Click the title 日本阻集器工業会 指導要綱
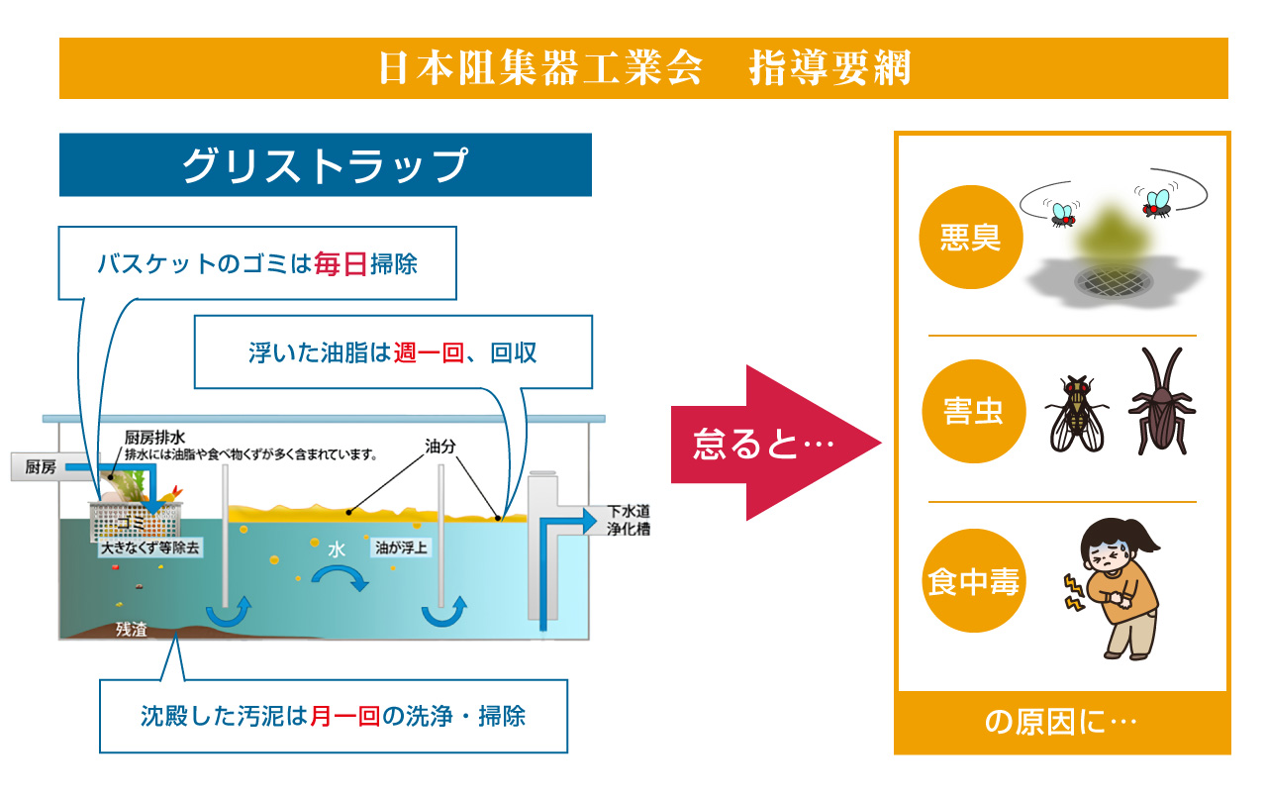(x=643, y=68)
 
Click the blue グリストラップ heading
(x=325, y=165)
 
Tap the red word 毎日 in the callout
(x=341, y=264)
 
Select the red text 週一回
(x=429, y=352)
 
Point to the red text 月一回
(x=345, y=716)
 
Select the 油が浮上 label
(x=402, y=546)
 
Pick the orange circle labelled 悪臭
(x=970, y=238)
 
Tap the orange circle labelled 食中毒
(x=971, y=582)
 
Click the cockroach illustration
(x=1161, y=400)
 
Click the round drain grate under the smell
(x=1116, y=282)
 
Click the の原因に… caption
(x=1061, y=723)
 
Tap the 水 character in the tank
(x=337, y=550)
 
